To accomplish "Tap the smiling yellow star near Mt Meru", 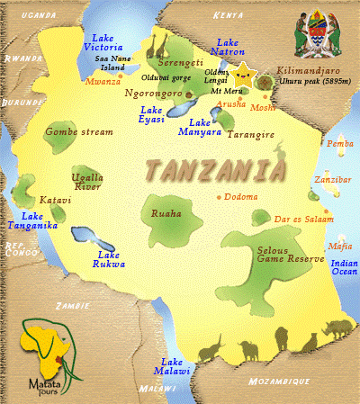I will pos(244,71).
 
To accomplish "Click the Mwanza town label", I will pos(102,82).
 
